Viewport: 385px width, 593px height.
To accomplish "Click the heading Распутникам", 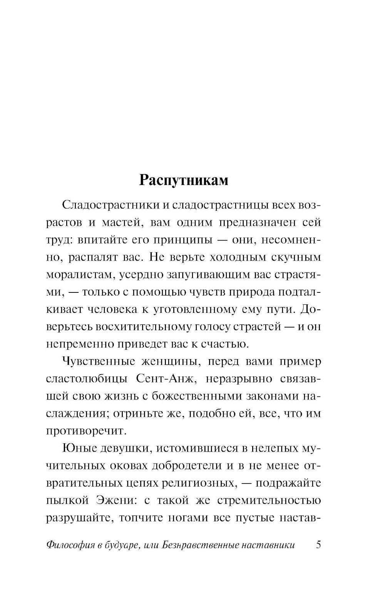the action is (x=184, y=180).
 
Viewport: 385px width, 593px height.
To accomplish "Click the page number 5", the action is (x=318, y=545).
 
